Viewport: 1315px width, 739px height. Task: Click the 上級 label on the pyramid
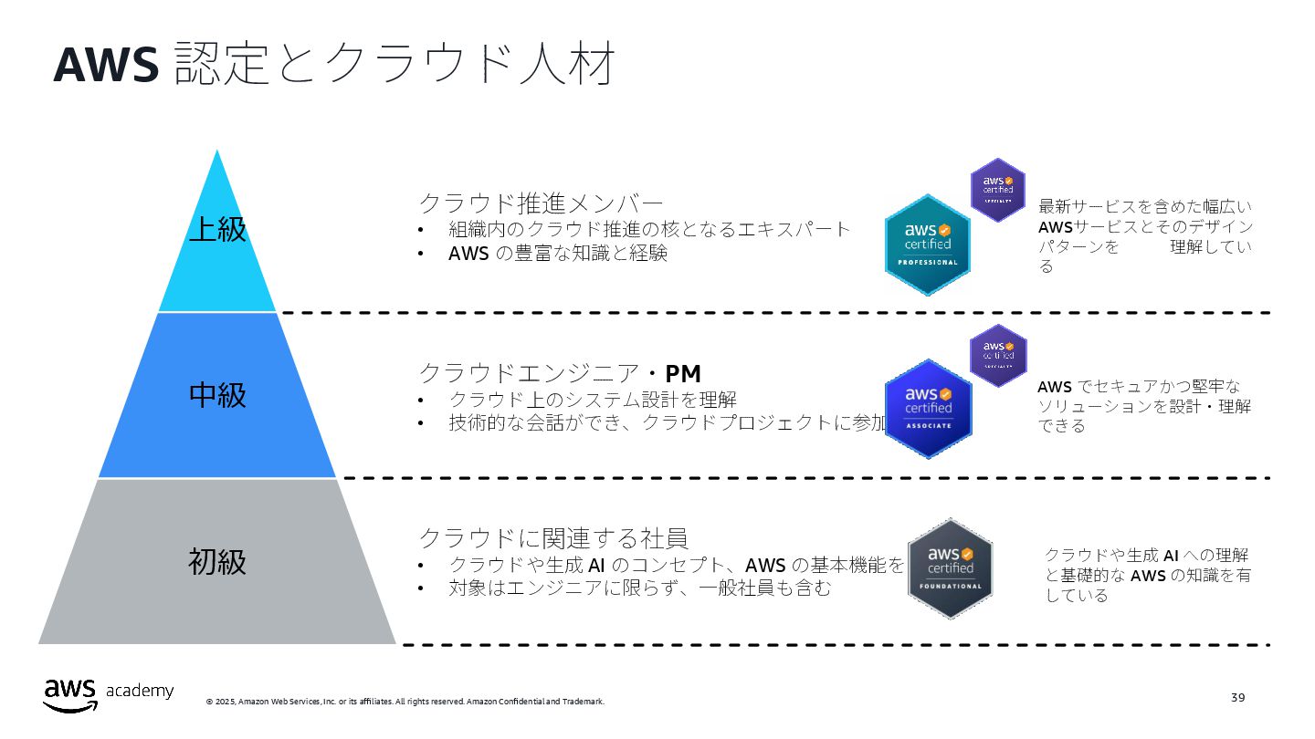coord(217,229)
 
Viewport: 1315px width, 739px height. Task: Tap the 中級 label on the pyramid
coord(217,395)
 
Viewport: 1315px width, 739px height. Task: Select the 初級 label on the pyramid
coord(217,561)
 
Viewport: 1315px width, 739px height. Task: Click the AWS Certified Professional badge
coord(928,245)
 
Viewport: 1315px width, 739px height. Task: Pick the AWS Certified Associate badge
coord(928,408)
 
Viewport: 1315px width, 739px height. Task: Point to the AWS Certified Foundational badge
coord(950,568)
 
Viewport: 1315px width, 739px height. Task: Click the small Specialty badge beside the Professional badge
coord(998,190)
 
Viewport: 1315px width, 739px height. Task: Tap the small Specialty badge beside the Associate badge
coord(998,355)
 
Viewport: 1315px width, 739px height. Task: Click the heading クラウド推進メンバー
coord(541,203)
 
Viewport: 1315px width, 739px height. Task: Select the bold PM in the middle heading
coord(682,373)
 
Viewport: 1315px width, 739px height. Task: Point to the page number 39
coord(1237,698)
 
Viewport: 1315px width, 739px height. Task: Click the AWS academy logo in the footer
coord(108,693)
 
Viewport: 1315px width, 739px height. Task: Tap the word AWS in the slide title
coord(106,64)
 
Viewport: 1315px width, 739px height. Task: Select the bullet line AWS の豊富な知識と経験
coord(557,254)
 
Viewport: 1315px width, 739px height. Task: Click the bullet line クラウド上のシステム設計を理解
coord(592,400)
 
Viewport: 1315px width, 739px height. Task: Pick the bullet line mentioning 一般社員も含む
coord(639,588)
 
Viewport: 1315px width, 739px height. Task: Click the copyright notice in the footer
coord(405,702)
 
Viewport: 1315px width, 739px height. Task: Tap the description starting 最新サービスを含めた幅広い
coord(1145,235)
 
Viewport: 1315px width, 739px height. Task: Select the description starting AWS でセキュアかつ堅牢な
coord(1143,406)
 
